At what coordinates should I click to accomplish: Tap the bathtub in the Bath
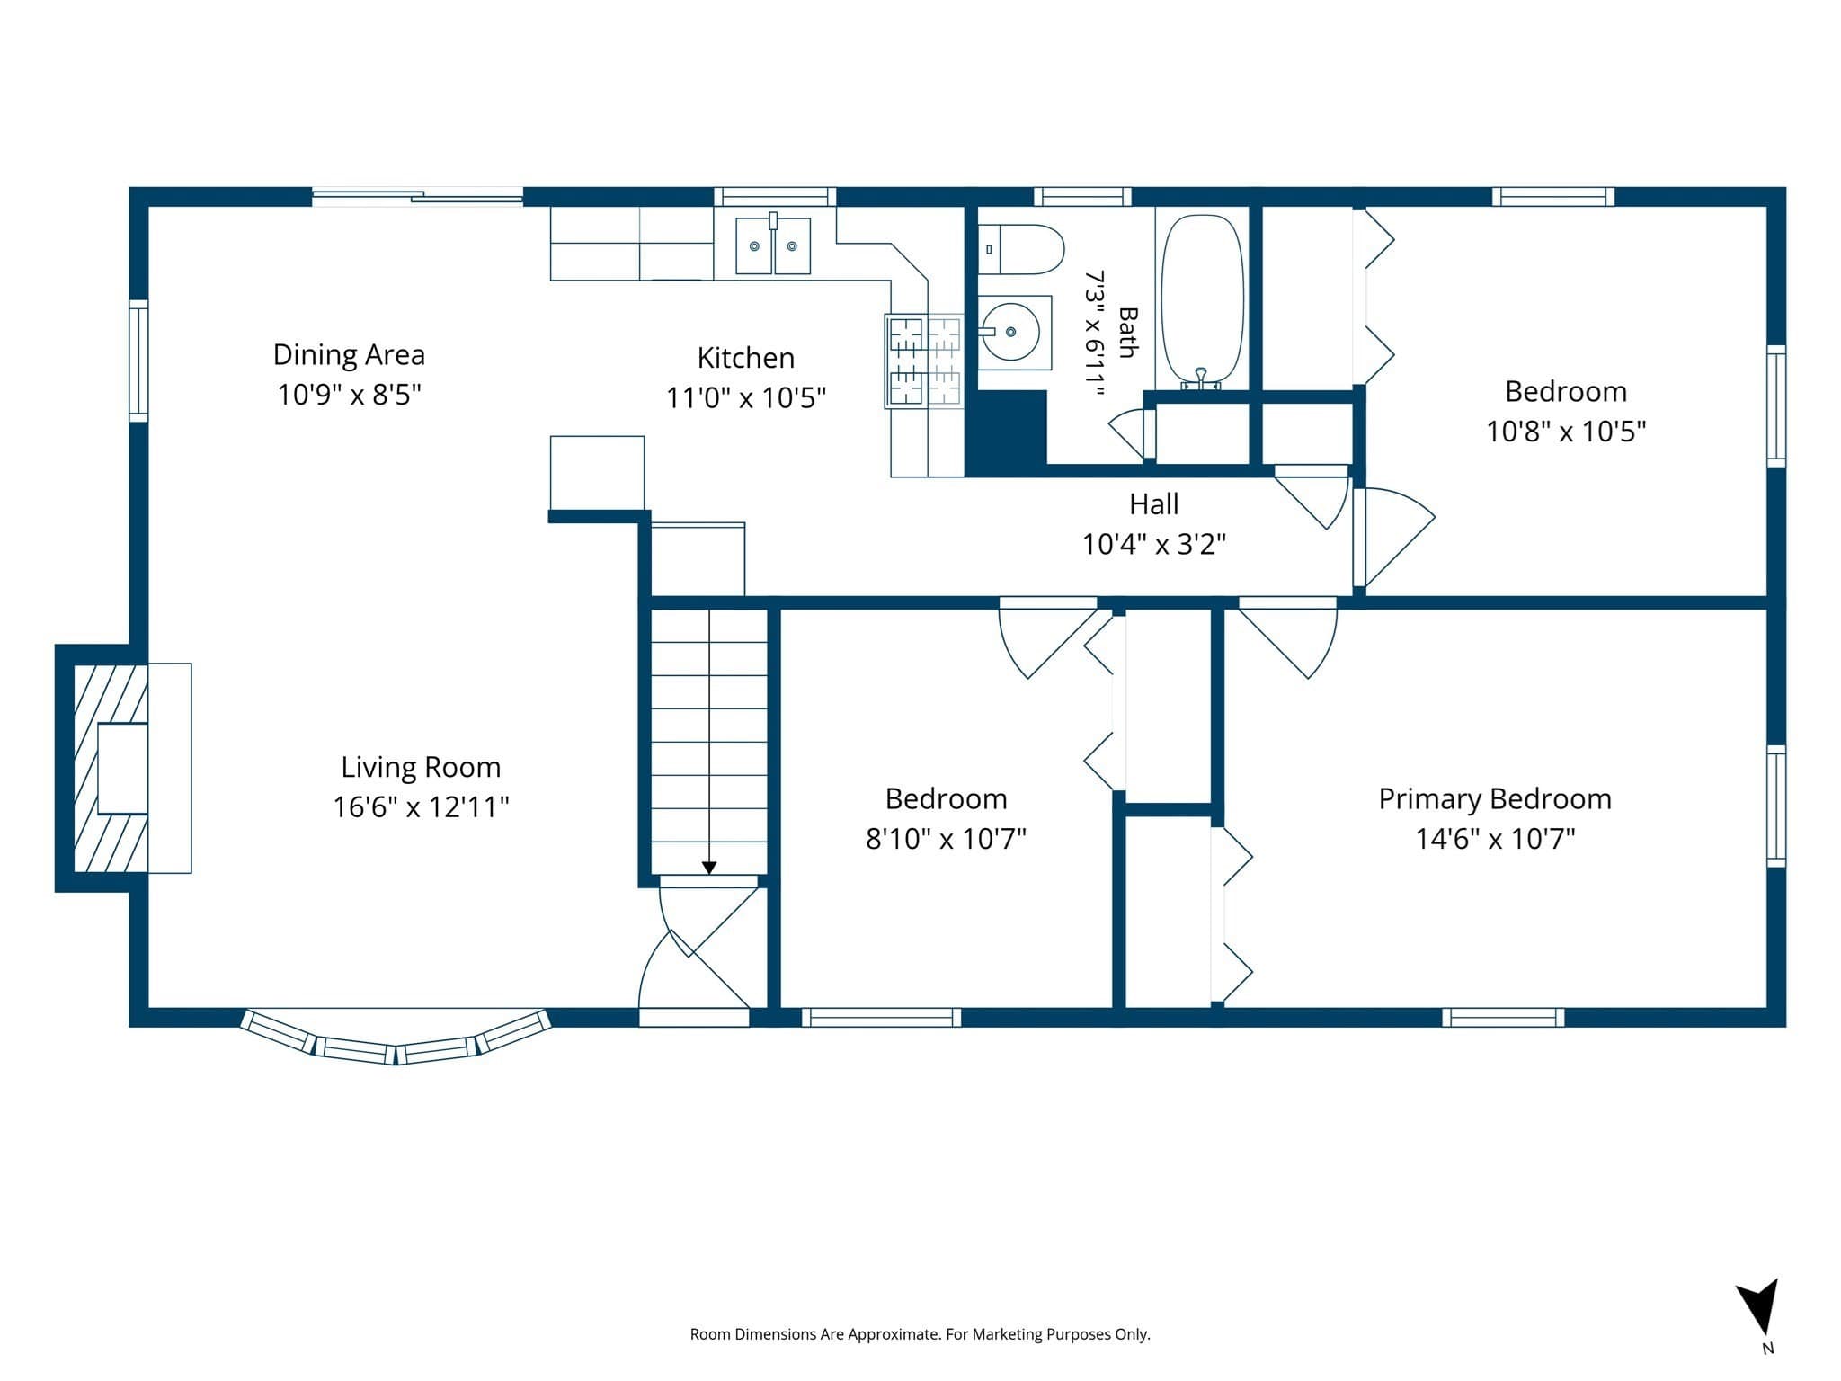click(x=1203, y=301)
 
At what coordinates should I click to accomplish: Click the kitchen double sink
click(x=773, y=245)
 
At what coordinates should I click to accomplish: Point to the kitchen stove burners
click(x=924, y=361)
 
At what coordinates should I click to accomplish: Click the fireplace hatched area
click(x=110, y=768)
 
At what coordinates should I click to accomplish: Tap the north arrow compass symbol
click(x=1757, y=1308)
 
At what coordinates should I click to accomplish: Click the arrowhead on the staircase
click(x=709, y=868)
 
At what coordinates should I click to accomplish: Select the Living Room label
click(x=421, y=767)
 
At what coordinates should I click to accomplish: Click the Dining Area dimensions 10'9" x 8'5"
click(x=349, y=395)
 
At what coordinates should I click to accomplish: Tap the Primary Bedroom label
click(x=1495, y=799)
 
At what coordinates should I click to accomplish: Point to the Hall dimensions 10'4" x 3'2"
click(x=1154, y=544)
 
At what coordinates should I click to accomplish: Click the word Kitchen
click(x=746, y=358)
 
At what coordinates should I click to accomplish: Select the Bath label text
click(x=1127, y=333)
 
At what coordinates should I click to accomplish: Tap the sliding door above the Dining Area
click(x=417, y=195)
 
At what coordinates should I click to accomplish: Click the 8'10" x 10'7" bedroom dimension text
click(x=946, y=839)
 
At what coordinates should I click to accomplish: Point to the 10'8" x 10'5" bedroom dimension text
click(x=1566, y=432)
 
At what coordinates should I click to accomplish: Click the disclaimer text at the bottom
click(x=920, y=1334)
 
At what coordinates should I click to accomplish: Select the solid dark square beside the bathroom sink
click(x=1006, y=432)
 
